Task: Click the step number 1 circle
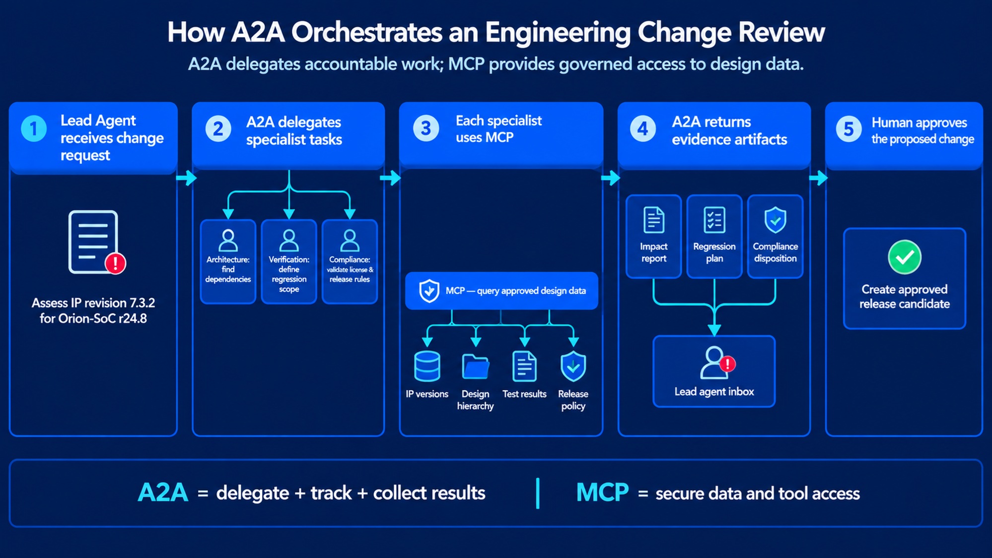point(34,128)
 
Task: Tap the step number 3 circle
point(425,128)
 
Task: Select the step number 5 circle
point(849,129)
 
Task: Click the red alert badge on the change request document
point(115,263)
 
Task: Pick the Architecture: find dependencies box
point(228,261)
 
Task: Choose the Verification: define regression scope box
point(289,261)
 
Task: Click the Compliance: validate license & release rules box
point(350,261)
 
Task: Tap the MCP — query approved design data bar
point(501,291)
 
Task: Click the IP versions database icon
point(427,366)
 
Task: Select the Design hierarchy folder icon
point(475,367)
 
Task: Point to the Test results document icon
point(524,366)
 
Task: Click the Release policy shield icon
point(573,367)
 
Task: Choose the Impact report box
point(653,236)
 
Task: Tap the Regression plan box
point(714,236)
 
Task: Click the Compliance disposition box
point(775,236)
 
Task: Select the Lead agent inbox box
point(714,371)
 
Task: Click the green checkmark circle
point(905,257)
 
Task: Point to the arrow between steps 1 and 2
point(186,178)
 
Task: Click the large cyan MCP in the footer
point(602,493)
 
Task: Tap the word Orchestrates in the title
point(366,33)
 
